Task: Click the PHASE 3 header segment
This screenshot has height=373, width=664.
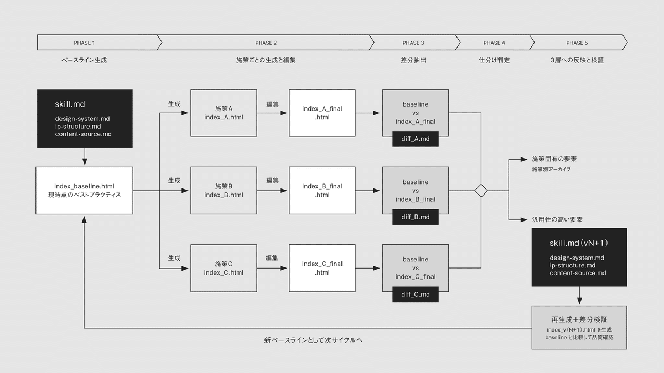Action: pos(413,43)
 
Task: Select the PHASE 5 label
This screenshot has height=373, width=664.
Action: pos(577,43)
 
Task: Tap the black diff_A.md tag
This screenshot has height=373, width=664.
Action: pos(416,139)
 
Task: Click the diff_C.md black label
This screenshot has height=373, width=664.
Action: pos(416,295)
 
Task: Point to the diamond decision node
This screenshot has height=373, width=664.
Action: pos(481,191)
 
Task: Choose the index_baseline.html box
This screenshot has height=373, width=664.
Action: pos(84,191)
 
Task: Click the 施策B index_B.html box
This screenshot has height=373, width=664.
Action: pos(224,191)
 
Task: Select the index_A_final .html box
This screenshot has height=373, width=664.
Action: pos(322,113)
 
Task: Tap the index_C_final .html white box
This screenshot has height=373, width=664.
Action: pos(322,268)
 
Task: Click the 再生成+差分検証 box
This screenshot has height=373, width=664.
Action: pos(579,327)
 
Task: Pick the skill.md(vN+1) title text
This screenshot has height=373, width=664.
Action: pos(579,243)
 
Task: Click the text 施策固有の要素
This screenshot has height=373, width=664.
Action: pos(554,159)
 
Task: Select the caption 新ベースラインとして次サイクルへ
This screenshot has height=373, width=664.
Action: pos(313,340)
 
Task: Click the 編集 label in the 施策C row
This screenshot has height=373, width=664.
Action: pos(272,258)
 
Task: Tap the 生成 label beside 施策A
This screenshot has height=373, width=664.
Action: pos(174,103)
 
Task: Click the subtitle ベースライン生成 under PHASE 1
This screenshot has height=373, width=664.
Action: pos(84,60)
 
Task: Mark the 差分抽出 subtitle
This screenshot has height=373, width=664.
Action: pos(413,60)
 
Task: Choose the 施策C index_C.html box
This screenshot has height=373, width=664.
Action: pos(224,268)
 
